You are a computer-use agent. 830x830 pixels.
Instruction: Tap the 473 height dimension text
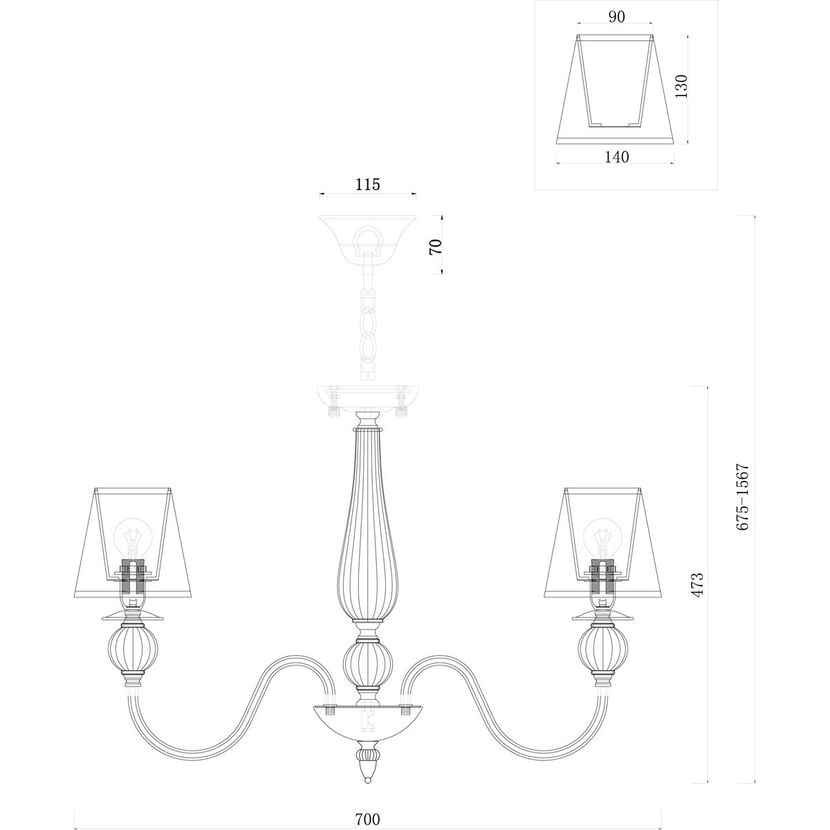pyautogui.click(x=697, y=584)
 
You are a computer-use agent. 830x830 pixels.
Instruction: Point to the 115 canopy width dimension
pyautogui.click(x=367, y=185)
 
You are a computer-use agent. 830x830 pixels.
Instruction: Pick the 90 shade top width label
pyautogui.click(x=616, y=17)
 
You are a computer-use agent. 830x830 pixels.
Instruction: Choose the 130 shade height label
pyautogui.click(x=681, y=92)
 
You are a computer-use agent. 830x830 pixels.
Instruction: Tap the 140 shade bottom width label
pyautogui.click(x=616, y=157)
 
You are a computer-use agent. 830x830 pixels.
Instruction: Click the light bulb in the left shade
pyautogui.click(x=133, y=538)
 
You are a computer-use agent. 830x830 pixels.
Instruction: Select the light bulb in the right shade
pyautogui.click(x=603, y=538)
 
